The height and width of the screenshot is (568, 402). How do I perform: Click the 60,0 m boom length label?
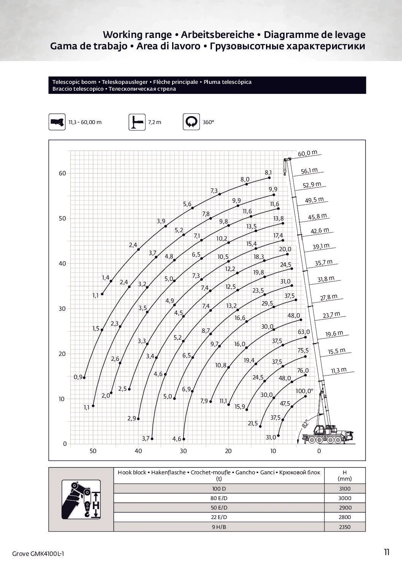click(307, 153)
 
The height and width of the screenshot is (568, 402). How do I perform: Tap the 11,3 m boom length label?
click(339, 370)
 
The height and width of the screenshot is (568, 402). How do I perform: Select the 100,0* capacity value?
click(304, 391)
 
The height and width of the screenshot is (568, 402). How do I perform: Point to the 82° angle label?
click(305, 424)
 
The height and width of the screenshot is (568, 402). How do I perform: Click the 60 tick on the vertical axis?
click(62, 173)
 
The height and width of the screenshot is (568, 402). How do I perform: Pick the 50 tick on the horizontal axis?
click(93, 451)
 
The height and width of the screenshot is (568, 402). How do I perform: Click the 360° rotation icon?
click(191, 122)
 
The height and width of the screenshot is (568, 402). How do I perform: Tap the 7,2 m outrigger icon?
click(137, 122)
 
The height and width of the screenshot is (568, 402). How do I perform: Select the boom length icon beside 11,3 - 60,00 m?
click(57, 122)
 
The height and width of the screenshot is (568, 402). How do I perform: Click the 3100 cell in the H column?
click(345, 489)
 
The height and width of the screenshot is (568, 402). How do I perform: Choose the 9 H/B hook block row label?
click(219, 527)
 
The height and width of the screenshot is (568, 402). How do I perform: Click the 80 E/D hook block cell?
click(219, 498)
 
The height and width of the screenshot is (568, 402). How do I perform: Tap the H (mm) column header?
click(345, 475)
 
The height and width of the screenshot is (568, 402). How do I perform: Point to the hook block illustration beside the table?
click(81, 499)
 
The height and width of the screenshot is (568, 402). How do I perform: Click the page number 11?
click(386, 552)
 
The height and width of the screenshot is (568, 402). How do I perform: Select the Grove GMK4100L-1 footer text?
click(38, 554)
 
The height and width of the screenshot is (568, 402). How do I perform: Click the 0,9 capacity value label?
click(78, 377)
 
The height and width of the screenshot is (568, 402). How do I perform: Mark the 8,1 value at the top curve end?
click(268, 173)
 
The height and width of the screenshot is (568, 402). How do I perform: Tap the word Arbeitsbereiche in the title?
click(217, 35)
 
